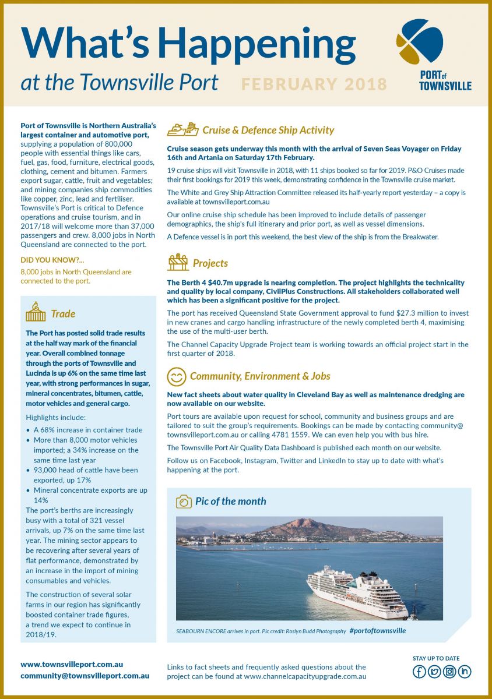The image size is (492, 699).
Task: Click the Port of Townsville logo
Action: (434, 54)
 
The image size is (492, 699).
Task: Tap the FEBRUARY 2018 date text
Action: (314, 84)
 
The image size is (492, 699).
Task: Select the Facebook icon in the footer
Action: (419, 672)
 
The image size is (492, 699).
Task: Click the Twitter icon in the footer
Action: (434, 672)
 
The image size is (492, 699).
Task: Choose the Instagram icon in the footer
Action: (449, 672)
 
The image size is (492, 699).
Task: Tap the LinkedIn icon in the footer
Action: (465, 672)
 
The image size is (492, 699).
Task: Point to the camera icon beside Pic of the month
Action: (184, 502)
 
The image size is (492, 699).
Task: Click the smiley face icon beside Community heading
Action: (176, 376)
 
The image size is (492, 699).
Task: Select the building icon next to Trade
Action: (36, 313)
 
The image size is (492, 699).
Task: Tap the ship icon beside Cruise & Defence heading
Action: (182, 129)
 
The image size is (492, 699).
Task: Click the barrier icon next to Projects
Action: (178, 263)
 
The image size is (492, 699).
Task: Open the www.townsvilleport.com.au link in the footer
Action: (72, 664)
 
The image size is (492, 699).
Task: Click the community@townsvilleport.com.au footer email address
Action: (85, 676)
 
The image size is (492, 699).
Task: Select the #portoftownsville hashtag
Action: (377, 631)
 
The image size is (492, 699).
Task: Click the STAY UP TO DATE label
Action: (436, 658)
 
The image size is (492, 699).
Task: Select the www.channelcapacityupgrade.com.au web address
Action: (305, 676)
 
